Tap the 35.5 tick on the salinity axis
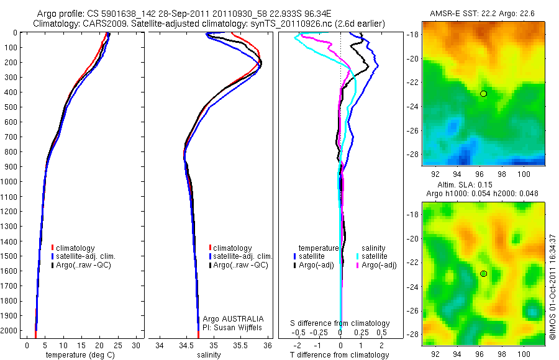241,344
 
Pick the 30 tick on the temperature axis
137,344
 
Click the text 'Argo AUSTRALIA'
229,318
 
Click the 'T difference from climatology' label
340,355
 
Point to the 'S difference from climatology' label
340,323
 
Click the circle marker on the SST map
483,94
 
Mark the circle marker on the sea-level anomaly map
483,274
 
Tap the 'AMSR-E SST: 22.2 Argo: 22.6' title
482,14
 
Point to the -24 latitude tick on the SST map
414,106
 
